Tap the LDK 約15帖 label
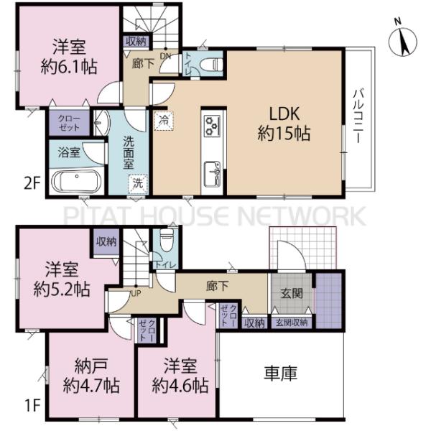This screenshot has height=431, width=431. pos(284,124)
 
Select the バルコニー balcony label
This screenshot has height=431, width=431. pos(358,116)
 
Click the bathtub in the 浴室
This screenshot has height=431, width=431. pos(78,181)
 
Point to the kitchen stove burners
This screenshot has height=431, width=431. pos(212,126)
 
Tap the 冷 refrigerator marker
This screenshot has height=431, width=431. pos(164,121)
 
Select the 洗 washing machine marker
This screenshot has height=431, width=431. pos(138,184)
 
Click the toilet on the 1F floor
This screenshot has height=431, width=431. pos(167,240)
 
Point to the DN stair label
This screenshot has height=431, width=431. pos(165,56)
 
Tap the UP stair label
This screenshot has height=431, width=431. pos(136,294)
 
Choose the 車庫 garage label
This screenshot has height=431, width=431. pos(281,374)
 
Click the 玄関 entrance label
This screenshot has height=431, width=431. pos(292,293)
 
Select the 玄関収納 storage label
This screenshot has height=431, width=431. pos(292,323)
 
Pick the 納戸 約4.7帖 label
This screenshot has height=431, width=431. pos(91,376)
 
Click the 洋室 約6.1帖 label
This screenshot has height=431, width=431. pos(69,57)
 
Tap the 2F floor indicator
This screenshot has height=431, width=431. pos(32,183)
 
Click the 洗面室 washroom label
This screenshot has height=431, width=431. pos(129,152)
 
